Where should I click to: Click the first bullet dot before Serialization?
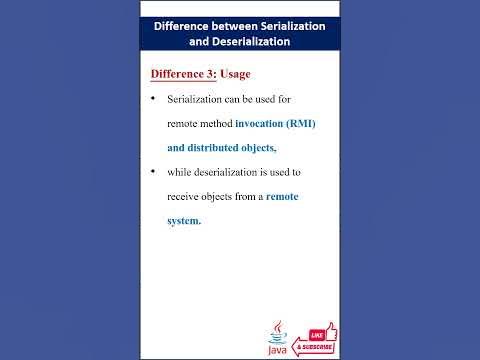click(152, 100)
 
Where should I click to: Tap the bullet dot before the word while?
click(152, 172)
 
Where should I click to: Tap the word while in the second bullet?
click(182, 172)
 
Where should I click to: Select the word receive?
click(185, 197)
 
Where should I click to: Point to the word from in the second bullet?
click(243, 197)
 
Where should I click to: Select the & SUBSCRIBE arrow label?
click(314, 347)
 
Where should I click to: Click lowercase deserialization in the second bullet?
click(241, 172)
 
